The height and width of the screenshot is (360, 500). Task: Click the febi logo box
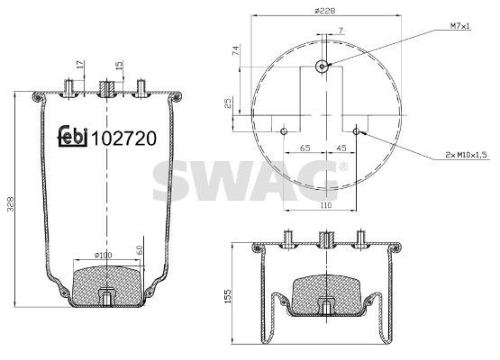point(73,138)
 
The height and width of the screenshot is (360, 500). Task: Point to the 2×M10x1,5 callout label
point(465,155)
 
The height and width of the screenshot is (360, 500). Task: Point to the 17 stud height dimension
point(80,64)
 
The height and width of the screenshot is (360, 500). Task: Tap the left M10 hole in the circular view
point(284,131)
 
